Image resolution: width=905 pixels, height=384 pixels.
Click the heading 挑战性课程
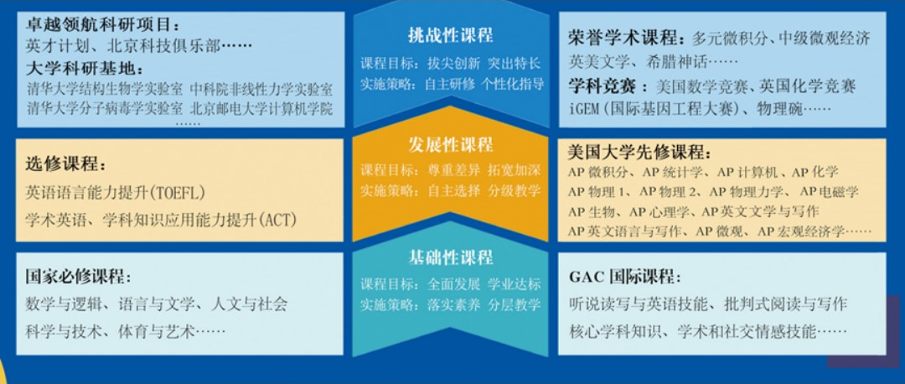(x=450, y=36)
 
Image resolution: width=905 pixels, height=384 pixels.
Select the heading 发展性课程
(x=450, y=143)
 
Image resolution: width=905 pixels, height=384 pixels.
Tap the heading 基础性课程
(x=450, y=257)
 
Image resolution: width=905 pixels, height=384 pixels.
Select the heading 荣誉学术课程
(x=622, y=39)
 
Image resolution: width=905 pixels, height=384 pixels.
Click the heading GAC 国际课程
(x=621, y=277)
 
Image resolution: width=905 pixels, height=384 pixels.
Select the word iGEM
(x=586, y=108)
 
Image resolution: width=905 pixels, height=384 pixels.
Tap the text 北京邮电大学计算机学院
(x=261, y=108)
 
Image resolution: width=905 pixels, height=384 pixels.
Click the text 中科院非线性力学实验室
(x=261, y=89)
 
